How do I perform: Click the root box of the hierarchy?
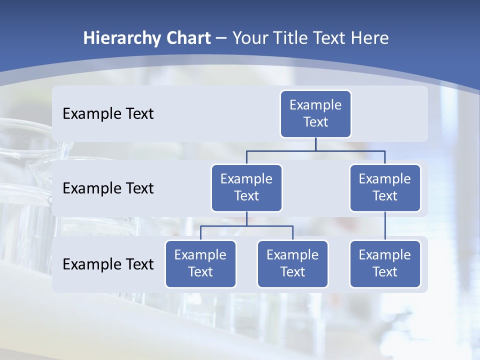(x=315, y=114)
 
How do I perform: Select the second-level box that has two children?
(x=246, y=188)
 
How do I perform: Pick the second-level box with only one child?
(x=385, y=188)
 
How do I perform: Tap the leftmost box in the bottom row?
(x=200, y=264)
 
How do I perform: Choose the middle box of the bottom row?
(x=292, y=264)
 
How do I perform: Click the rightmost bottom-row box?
(x=385, y=264)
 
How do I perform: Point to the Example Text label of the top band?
(x=108, y=114)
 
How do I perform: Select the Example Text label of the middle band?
(x=108, y=188)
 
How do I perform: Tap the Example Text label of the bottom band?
(x=108, y=264)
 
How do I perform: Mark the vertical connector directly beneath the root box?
(x=315, y=144)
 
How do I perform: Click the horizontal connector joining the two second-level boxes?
(x=315, y=150)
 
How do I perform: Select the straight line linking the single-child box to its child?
(x=385, y=226)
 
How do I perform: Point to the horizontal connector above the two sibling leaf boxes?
(x=246, y=226)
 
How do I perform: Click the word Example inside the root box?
(x=315, y=105)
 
